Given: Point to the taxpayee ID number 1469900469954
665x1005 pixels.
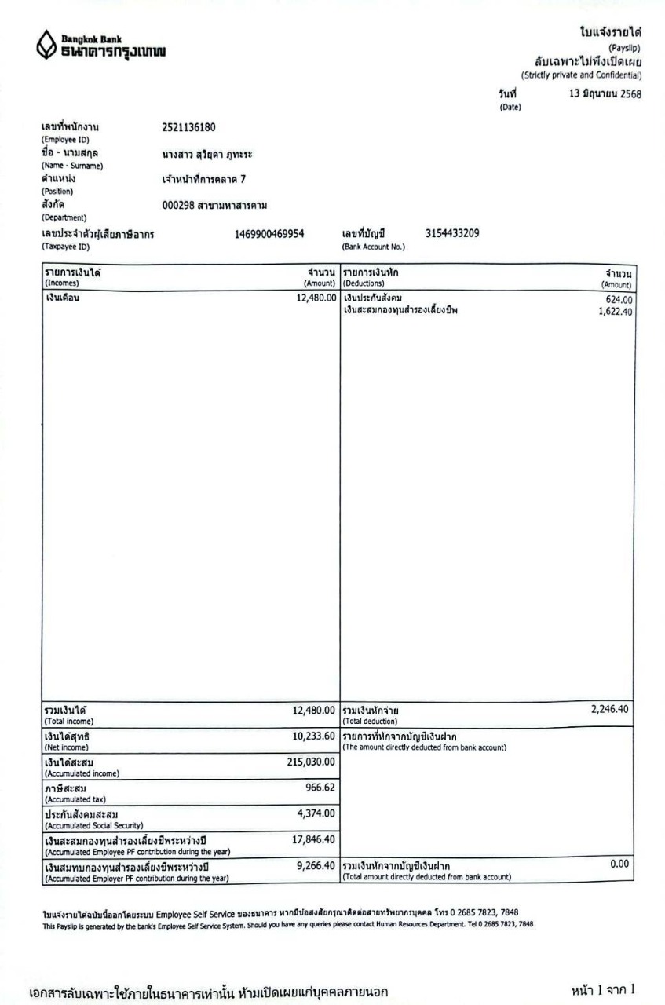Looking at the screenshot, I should point(270,233).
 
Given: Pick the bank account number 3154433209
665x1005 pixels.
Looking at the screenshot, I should point(452,233).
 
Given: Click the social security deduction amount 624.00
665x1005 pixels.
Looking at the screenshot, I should point(618,300).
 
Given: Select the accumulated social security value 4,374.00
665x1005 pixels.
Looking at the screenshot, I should point(316,813).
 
